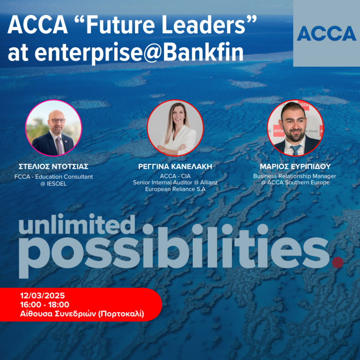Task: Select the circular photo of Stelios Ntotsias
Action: (x=53, y=128)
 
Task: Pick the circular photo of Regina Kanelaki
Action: (x=175, y=128)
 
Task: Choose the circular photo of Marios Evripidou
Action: (x=295, y=128)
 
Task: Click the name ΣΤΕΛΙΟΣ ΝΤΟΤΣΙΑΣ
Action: (x=53, y=166)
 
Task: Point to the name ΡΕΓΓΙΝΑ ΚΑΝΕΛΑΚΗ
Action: (x=175, y=166)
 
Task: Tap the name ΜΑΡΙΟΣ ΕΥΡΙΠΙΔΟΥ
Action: (x=295, y=166)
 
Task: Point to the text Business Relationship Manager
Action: (x=295, y=176)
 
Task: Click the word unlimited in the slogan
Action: (x=77, y=226)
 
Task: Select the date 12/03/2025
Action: (x=43, y=296)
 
